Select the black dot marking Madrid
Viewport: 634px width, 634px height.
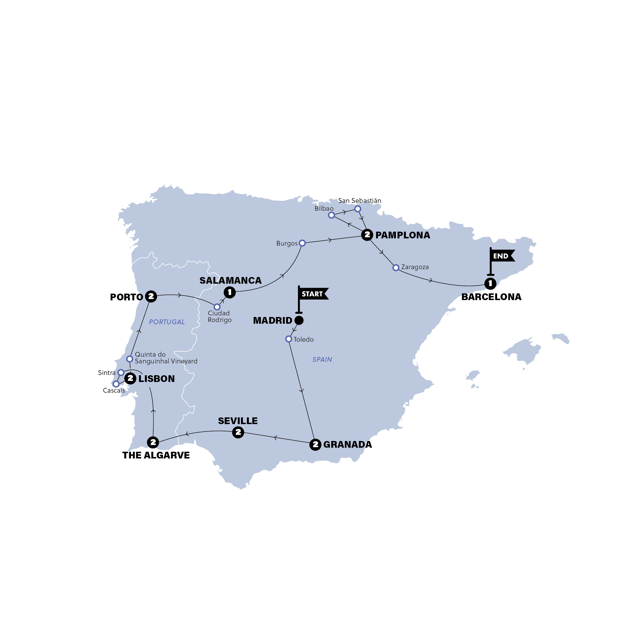click(299, 320)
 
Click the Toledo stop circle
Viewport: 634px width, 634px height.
click(289, 339)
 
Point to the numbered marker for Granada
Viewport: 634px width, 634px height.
click(315, 445)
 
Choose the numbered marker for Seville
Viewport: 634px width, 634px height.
click(238, 432)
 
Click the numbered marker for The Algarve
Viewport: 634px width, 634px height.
click(153, 442)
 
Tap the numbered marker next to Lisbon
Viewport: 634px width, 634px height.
click(130, 378)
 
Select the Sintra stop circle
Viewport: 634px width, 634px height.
click(121, 373)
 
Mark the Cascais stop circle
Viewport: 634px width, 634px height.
click(116, 384)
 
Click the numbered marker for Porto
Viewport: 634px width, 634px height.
click(151, 296)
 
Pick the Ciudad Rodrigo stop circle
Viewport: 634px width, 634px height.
click(217, 307)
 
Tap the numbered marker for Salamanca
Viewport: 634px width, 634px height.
click(230, 292)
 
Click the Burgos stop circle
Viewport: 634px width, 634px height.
click(302, 243)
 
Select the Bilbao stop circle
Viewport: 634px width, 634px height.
click(331, 215)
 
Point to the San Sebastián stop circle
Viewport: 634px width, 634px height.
click(358, 209)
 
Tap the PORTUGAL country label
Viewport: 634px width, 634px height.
click(167, 322)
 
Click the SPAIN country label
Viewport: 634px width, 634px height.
click(322, 360)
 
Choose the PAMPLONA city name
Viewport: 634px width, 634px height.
click(403, 235)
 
